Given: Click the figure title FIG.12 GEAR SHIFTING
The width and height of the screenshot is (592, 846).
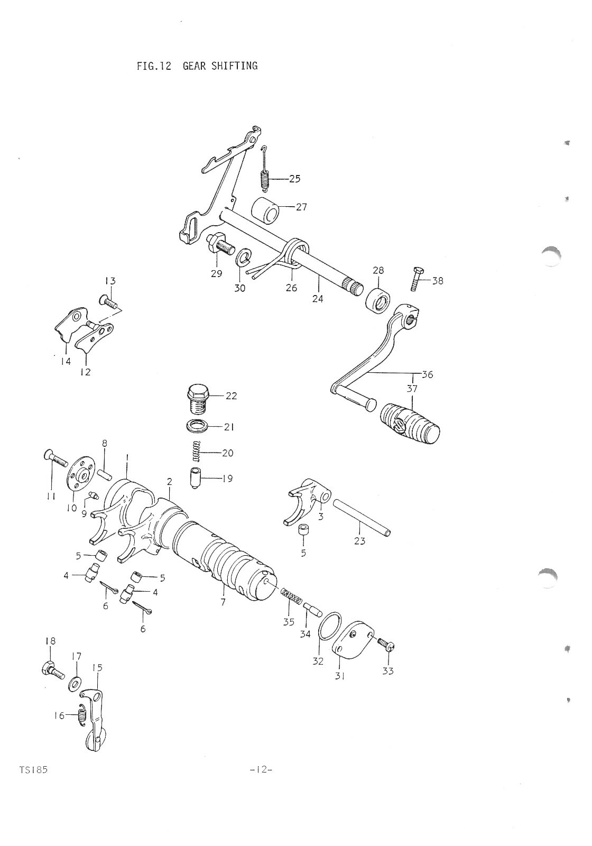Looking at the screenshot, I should pyautogui.click(x=197, y=66).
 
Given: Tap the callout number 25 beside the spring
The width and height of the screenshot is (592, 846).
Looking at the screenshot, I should pyautogui.click(x=294, y=179).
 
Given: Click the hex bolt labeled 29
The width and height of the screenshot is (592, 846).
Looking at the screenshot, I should pyautogui.click(x=219, y=244).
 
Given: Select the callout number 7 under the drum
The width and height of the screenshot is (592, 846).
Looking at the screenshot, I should pyautogui.click(x=223, y=602).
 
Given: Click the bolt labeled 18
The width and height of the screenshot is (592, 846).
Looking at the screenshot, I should pyautogui.click(x=51, y=669).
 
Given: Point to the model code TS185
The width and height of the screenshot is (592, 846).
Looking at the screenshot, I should pyautogui.click(x=33, y=770).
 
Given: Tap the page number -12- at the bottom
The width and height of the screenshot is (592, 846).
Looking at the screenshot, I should pyautogui.click(x=261, y=770).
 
